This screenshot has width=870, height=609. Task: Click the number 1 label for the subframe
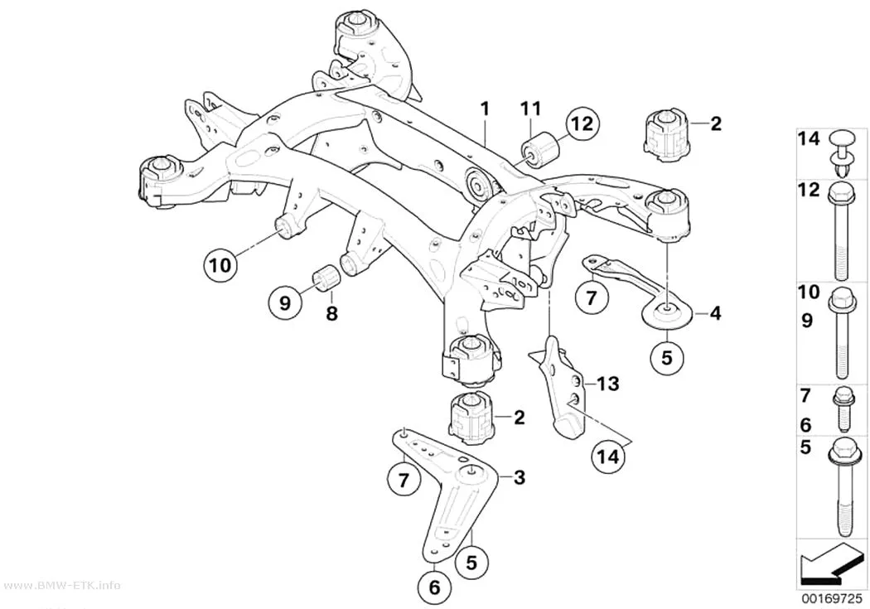click(x=485, y=109)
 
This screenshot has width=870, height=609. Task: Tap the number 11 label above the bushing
click(x=530, y=109)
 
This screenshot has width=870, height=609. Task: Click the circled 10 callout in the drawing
click(x=220, y=265)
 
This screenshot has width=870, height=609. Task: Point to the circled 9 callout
click(x=285, y=302)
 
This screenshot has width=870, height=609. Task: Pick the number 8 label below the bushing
click(x=331, y=314)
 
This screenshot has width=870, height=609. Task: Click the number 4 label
click(x=716, y=313)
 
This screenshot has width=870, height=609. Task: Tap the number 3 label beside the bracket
click(x=520, y=477)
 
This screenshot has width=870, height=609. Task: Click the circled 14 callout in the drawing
click(x=607, y=457)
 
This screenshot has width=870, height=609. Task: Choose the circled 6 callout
click(x=434, y=587)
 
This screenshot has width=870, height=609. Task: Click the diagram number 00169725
click(x=830, y=599)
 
